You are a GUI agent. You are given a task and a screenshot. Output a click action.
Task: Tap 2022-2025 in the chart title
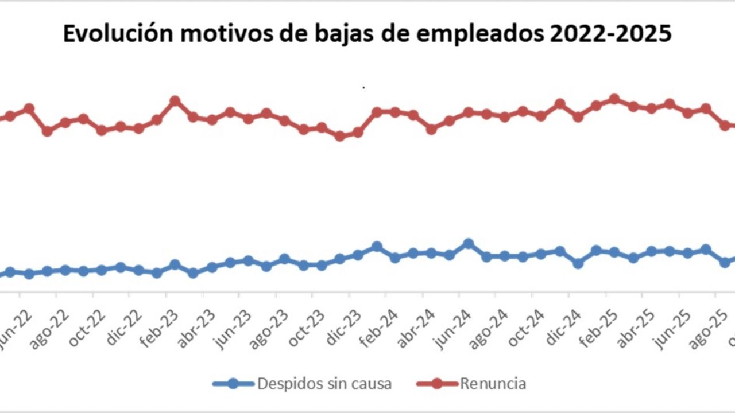610,34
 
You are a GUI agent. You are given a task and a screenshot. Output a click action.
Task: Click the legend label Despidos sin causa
324,383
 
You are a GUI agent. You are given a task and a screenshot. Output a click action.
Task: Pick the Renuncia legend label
493,383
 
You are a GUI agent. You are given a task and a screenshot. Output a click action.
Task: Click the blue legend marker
233,383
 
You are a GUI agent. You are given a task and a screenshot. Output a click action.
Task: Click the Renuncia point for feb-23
175,101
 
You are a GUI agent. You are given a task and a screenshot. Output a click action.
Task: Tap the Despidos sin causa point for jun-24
468,244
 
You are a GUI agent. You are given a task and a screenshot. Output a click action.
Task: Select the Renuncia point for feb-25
614,99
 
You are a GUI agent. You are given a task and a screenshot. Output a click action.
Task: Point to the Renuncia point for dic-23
358,133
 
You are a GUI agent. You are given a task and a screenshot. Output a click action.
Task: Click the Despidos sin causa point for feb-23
175,264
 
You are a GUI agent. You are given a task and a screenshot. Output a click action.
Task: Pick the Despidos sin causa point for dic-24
578,263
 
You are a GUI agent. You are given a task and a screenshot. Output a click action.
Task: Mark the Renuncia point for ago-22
65,123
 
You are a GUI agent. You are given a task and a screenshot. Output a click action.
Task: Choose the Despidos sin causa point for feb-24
395,258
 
